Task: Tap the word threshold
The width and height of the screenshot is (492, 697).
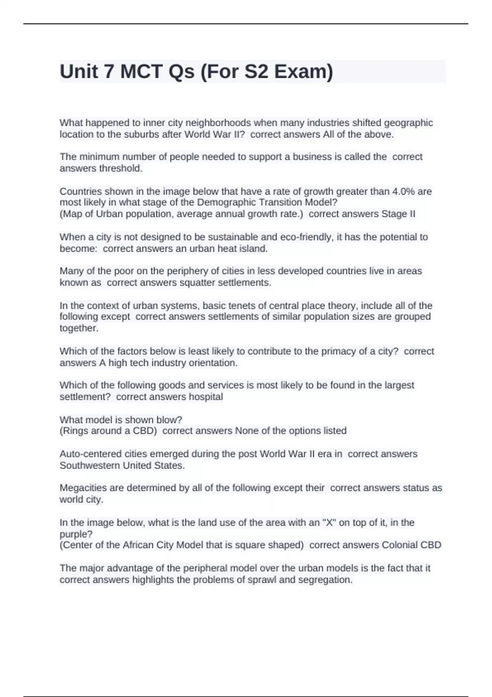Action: coord(121,169)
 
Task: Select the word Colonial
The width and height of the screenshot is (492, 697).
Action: coord(400,545)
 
